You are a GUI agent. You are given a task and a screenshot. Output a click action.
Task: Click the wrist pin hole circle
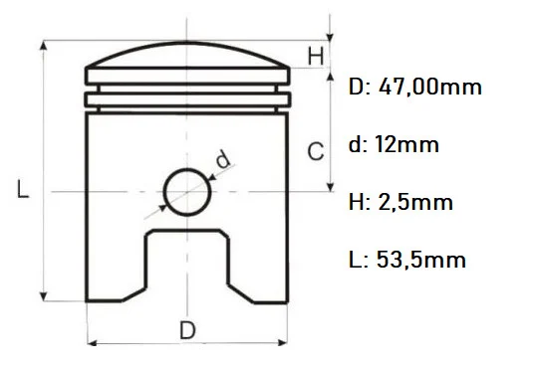pyautogui.click(x=188, y=189)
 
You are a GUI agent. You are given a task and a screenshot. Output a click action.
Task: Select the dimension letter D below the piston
pyautogui.click(x=187, y=329)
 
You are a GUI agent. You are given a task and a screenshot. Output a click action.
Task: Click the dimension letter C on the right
pyautogui.click(x=315, y=152)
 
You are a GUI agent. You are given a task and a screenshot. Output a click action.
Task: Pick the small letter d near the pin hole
pyautogui.click(x=222, y=157)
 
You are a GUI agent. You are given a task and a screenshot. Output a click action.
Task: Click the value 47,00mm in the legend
pyautogui.click(x=429, y=88)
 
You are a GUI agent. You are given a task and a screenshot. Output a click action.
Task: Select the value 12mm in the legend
pyautogui.click(x=408, y=145)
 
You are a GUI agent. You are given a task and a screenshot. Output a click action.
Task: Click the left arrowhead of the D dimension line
pyautogui.click(x=93, y=343)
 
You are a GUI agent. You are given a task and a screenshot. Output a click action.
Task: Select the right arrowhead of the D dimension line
pyautogui.click(x=284, y=343)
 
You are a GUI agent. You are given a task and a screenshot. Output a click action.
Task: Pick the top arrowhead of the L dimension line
pyautogui.click(x=44, y=47)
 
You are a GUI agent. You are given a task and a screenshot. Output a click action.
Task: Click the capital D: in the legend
pyautogui.click(x=359, y=88)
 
